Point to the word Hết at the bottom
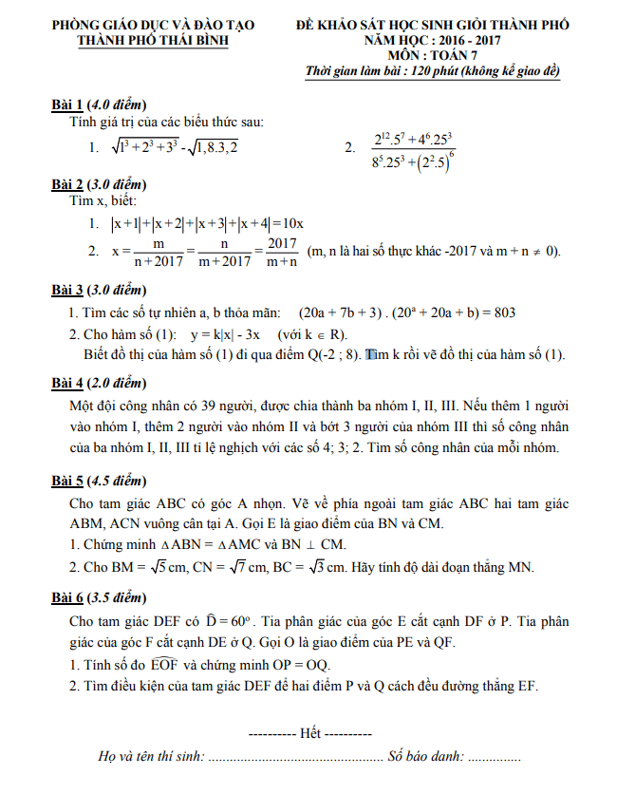pos(309,735)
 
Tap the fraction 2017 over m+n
pos(280,252)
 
